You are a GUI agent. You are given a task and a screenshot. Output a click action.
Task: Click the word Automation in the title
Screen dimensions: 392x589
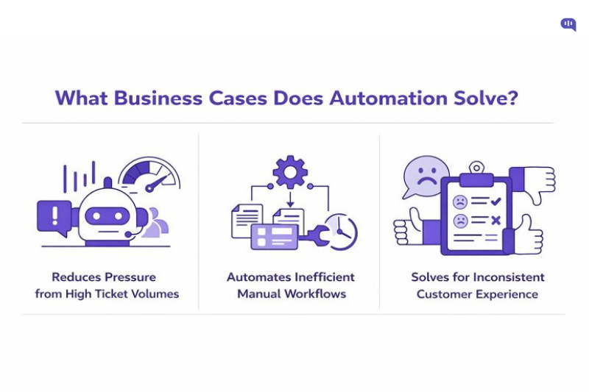(383, 98)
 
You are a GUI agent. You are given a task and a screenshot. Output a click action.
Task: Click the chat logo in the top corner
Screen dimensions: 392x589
(568, 25)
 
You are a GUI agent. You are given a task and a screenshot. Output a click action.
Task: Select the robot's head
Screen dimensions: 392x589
(107, 214)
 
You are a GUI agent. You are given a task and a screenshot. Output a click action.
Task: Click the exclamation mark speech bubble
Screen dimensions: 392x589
(54, 216)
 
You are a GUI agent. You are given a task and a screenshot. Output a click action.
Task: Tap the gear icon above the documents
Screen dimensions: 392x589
(290, 172)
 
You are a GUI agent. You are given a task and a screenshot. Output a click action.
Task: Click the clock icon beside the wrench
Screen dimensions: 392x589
(341, 232)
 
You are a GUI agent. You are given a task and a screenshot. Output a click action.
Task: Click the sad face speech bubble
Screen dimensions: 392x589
(426, 176)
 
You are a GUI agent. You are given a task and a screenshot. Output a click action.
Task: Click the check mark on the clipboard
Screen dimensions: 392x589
(495, 201)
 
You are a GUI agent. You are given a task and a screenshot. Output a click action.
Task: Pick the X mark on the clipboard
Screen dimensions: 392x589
(495, 220)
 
